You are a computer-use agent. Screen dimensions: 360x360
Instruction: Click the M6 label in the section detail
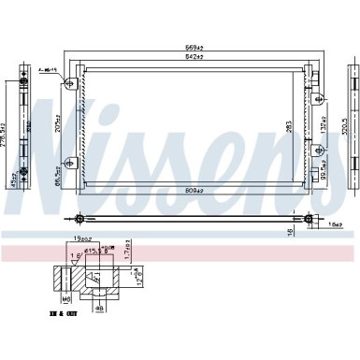click(67, 298)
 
